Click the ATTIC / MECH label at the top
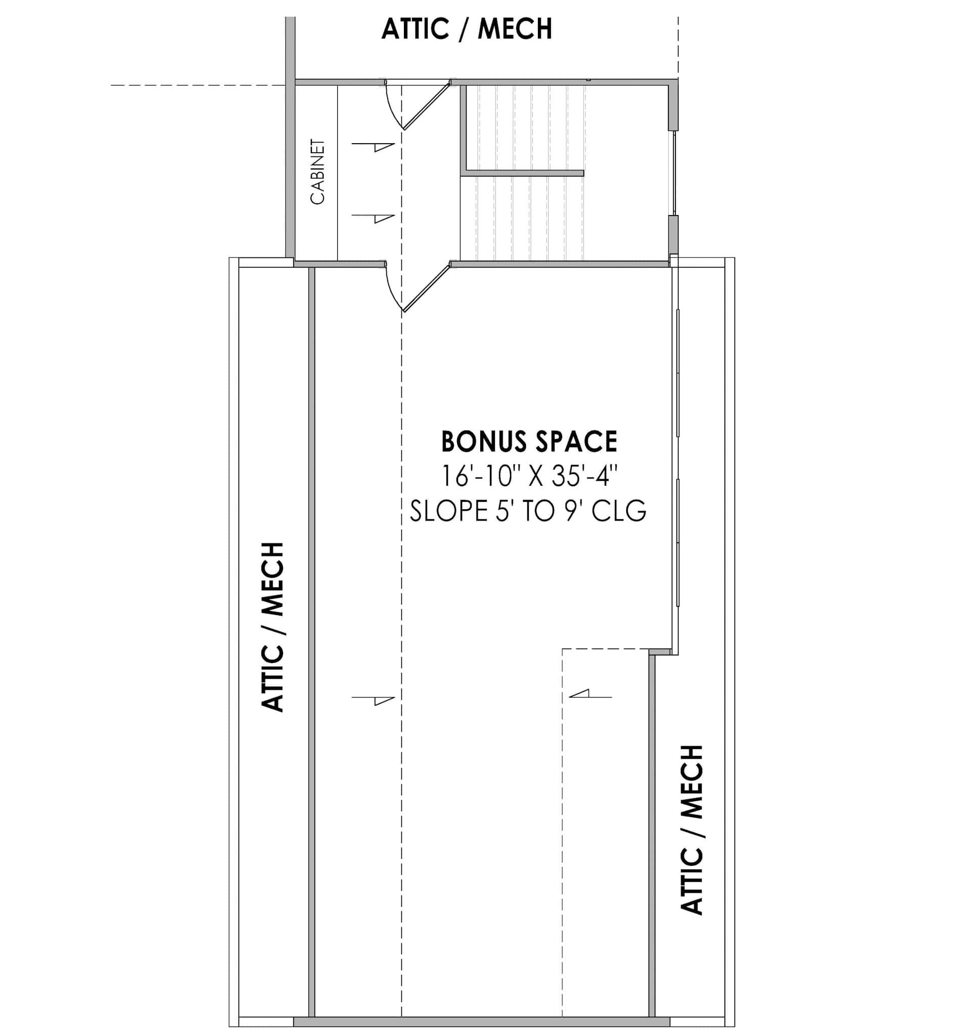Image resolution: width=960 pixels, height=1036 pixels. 466,29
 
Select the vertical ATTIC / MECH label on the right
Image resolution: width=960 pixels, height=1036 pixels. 692,829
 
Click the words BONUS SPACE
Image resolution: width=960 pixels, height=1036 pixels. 529,442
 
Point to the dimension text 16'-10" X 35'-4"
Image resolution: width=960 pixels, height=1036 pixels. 529,476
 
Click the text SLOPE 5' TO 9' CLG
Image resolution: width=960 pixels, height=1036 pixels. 528,511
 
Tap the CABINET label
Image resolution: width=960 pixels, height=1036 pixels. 317,171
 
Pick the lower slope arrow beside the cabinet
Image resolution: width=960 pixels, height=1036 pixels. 374,218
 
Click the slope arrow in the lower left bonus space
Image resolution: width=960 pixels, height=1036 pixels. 374,700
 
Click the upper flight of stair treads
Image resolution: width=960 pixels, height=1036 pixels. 525,127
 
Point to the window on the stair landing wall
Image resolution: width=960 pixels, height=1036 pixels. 674,173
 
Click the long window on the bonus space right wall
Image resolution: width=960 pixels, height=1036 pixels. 677,457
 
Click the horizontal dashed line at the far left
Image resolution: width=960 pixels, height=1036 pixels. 197,84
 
